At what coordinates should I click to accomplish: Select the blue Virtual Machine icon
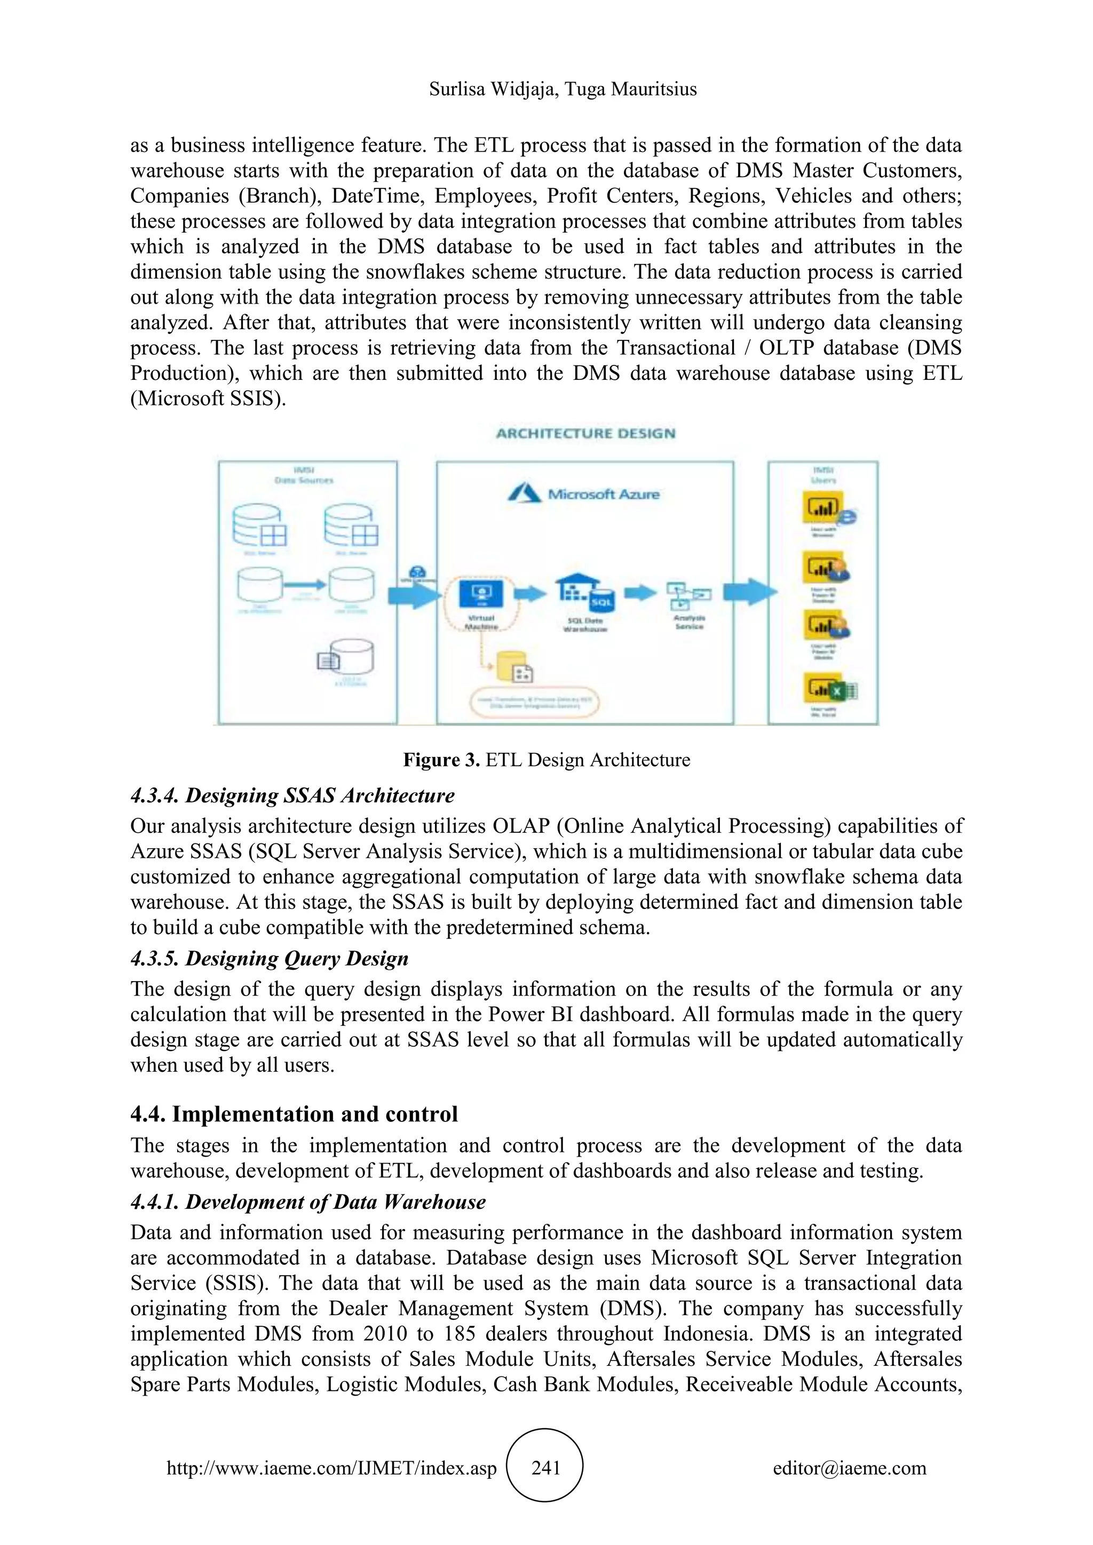pos(480,593)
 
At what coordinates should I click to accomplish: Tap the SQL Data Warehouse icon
pos(584,593)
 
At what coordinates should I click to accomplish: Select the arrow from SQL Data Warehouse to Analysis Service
pos(639,593)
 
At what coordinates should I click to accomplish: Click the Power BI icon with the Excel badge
pos(830,689)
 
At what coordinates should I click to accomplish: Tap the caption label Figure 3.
pos(441,760)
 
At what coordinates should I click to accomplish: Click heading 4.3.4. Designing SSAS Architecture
pos(292,795)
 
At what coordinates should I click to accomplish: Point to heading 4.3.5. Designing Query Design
pos(269,958)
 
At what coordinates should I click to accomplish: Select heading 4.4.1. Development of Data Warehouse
pos(307,1202)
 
